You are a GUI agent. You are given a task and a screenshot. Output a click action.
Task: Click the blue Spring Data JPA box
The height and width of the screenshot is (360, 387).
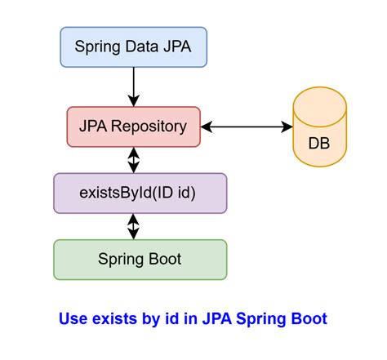coord(134,47)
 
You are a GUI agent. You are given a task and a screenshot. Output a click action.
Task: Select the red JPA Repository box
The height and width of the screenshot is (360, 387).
coord(134,127)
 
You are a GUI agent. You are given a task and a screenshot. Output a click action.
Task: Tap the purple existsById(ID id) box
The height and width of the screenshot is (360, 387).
coord(140,193)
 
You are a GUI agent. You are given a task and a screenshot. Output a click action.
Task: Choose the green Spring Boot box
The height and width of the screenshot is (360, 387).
coord(140,260)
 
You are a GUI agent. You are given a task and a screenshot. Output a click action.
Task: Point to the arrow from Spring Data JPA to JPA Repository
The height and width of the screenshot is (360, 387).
coord(134,86)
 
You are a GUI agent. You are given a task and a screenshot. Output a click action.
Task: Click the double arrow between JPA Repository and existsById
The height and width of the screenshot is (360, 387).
coord(134,160)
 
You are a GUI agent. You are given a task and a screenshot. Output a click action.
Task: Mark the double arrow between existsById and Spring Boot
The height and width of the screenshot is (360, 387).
coord(134,225)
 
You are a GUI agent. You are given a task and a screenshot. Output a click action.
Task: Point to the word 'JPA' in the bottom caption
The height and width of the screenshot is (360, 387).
coord(207,318)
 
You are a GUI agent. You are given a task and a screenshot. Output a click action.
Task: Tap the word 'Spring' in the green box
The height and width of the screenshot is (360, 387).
coord(122,260)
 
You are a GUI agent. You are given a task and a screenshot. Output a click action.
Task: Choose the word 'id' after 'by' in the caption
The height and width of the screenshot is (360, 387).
coord(172,318)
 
